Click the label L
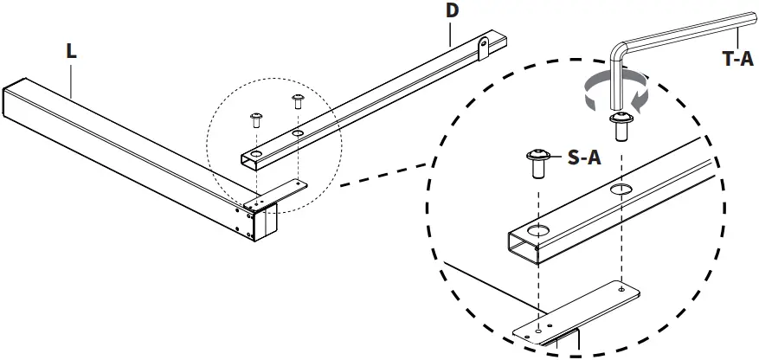click(71, 51)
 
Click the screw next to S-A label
click(537, 162)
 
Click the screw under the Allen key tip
click(620, 125)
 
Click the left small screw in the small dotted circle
click(256, 119)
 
